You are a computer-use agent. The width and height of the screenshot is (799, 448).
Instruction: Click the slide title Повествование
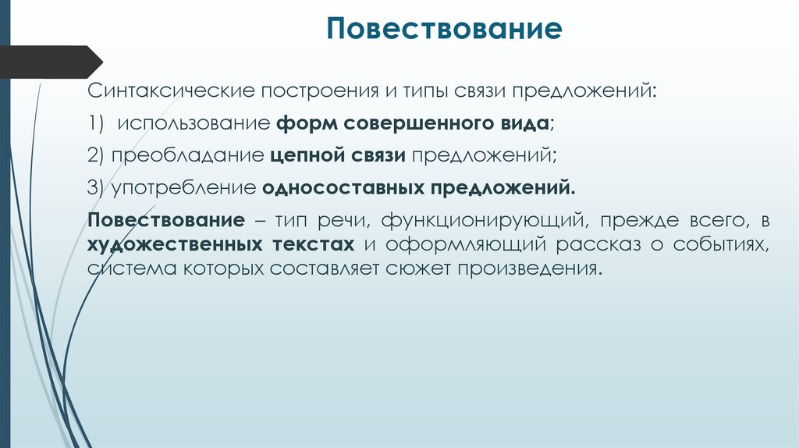click(444, 30)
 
